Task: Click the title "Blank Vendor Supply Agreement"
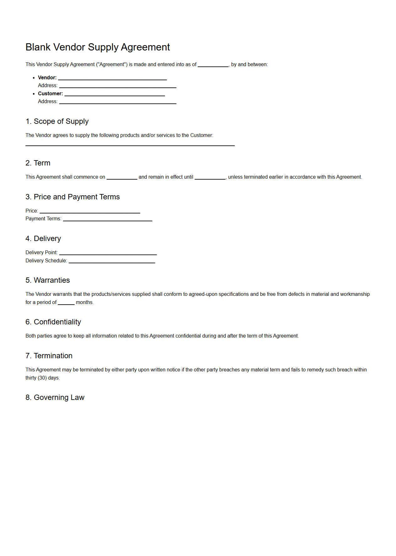pos(98,47)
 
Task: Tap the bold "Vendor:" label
pos(47,77)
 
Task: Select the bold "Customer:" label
pos(50,93)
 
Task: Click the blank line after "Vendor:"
pos(112,79)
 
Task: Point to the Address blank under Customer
pos(118,102)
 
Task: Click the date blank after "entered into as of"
pos(213,66)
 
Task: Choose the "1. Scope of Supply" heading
pos(57,121)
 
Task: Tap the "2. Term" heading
pos(38,163)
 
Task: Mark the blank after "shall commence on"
pos(122,178)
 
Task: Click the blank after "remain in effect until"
pos(210,178)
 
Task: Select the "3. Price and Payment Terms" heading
pos(72,197)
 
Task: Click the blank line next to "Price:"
pos(90,212)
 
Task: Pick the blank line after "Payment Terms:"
pos(108,220)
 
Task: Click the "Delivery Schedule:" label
pos(46,260)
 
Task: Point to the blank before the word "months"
pos(66,303)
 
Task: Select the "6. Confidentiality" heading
pos(53,322)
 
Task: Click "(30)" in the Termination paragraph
pos(42,378)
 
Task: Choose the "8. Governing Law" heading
pos(55,397)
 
